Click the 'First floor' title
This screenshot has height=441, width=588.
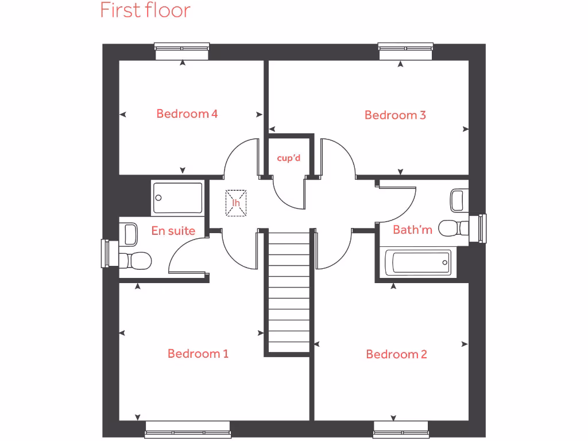[x=145, y=10]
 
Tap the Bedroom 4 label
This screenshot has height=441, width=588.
[x=187, y=114]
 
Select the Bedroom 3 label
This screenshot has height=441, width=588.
[x=395, y=115]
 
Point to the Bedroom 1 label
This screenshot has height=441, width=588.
[x=198, y=354]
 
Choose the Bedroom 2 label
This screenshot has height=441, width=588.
[x=396, y=354]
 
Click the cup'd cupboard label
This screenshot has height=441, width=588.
[x=288, y=158]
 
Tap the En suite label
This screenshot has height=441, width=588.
[x=173, y=231]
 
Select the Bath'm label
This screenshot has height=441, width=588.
[x=412, y=230]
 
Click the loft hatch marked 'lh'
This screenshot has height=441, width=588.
[x=235, y=203]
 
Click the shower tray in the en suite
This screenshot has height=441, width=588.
[x=177, y=198]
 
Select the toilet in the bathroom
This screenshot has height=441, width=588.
[x=454, y=228]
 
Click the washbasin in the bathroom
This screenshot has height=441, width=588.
[x=458, y=200]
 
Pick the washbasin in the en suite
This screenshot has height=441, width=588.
[x=131, y=233]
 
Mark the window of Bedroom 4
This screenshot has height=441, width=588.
[x=182, y=52]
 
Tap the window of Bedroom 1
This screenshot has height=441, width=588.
[x=187, y=430]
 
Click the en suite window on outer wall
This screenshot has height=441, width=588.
[x=106, y=253]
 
